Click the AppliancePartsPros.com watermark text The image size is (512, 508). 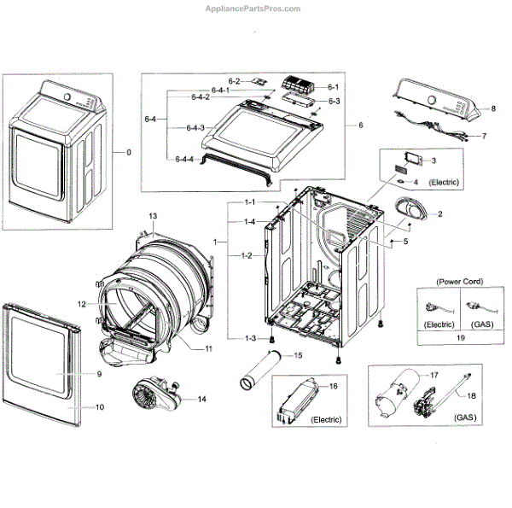[253, 9]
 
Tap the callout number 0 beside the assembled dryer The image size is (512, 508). [129, 152]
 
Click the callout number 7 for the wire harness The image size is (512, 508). [484, 136]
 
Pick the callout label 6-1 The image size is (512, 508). [333, 87]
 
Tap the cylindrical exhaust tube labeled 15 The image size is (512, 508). [259, 373]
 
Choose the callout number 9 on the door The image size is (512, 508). [99, 374]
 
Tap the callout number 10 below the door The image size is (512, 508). [99, 407]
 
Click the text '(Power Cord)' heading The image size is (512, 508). [460, 281]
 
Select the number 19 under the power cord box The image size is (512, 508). [460, 337]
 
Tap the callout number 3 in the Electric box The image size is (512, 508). [433, 161]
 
